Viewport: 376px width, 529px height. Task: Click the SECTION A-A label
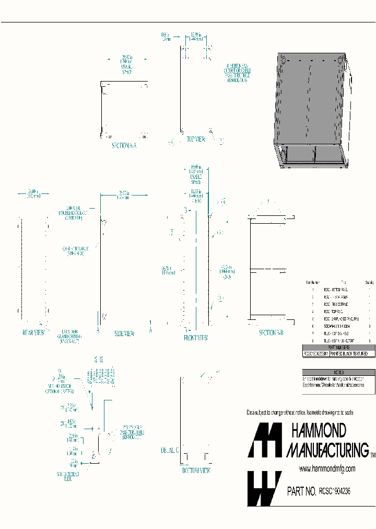click(123, 146)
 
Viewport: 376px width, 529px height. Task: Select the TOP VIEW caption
click(196, 140)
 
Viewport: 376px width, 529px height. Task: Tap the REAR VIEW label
click(33, 332)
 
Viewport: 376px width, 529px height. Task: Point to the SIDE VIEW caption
click(124, 333)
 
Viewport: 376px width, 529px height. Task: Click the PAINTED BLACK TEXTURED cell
click(352, 354)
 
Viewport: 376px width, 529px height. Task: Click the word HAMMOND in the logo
click(318, 431)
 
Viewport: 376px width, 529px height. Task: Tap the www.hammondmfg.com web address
click(327, 468)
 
